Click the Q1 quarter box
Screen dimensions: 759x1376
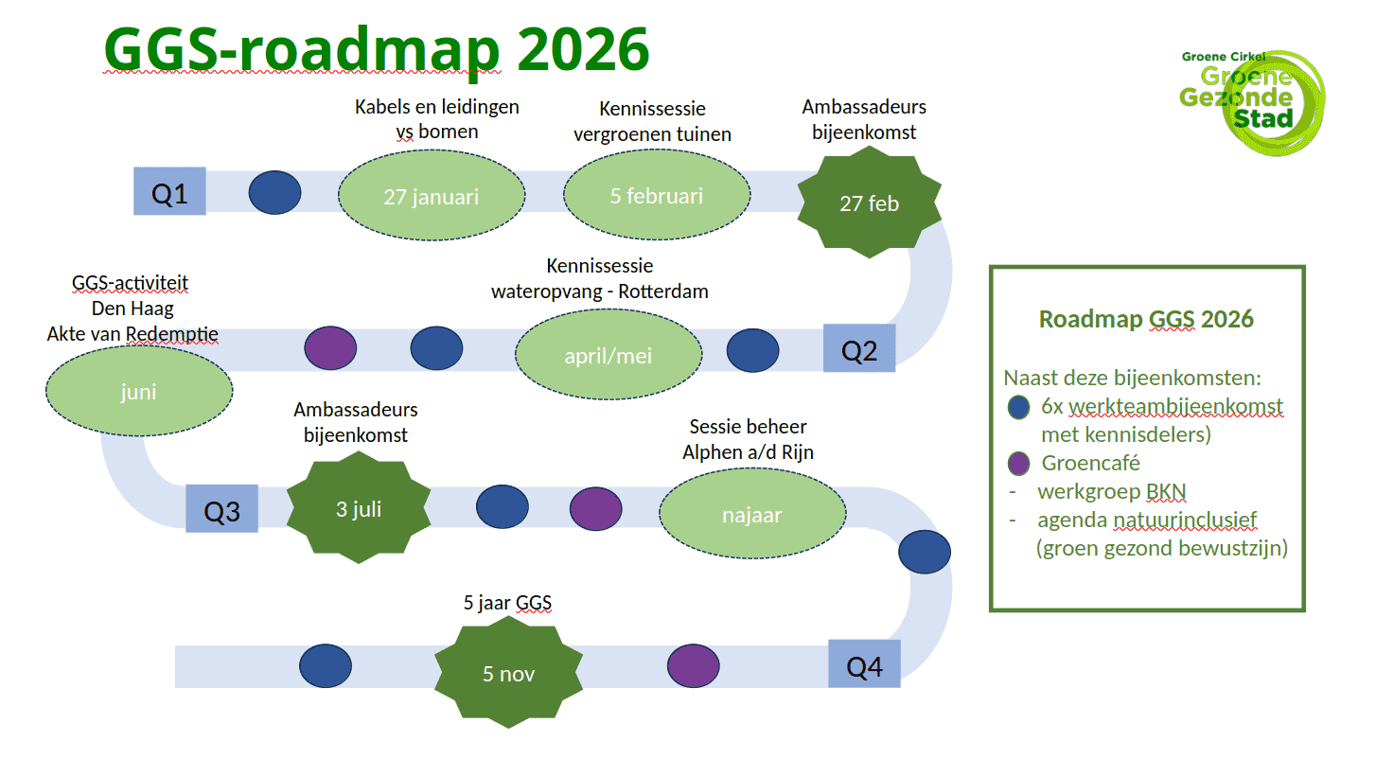(x=169, y=192)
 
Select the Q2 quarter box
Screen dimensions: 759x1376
(x=859, y=348)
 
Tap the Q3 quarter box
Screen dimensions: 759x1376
(x=222, y=509)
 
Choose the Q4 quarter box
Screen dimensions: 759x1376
(x=864, y=664)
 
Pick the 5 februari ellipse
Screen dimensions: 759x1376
(x=657, y=196)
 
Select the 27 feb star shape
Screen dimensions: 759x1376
(x=869, y=203)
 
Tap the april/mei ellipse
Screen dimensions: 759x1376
(x=609, y=357)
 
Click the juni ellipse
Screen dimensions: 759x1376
(x=138, y=392)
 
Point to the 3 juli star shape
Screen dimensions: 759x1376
(x=359, y=508)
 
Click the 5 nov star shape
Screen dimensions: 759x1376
(x=508, y=673)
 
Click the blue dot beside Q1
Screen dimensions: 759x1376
(x=274, y=192)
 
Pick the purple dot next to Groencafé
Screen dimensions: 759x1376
(x=1018, y=464)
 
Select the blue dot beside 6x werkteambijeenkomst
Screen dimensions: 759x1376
(x=1018, y=407)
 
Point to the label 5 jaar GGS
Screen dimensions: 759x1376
(x=507, y=603)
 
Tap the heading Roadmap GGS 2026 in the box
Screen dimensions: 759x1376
(x=1146, y=319)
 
